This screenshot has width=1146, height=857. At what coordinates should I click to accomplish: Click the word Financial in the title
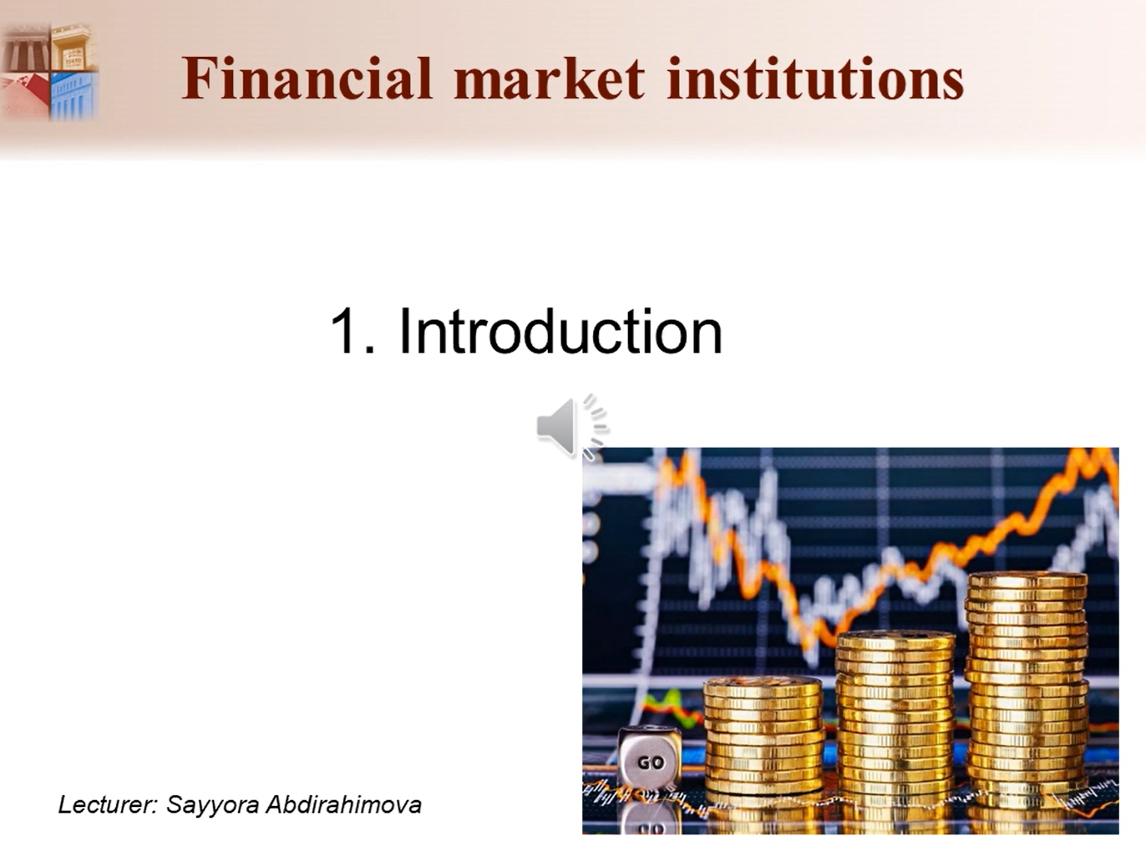307,78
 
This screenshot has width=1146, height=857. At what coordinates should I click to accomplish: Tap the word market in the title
550,78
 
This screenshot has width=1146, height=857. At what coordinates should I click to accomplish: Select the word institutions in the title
815,78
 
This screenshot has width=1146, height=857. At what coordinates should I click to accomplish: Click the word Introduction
560,331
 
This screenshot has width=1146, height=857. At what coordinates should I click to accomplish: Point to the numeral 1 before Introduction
345,331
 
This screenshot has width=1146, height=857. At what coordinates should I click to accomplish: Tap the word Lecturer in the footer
107,804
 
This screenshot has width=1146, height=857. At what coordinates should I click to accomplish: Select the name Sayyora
212,805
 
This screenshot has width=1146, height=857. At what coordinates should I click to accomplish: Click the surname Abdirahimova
343,804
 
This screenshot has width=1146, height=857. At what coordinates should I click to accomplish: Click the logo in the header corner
49,72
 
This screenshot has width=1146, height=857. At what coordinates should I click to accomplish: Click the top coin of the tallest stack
1027,580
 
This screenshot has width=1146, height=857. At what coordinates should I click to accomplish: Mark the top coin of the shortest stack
763,685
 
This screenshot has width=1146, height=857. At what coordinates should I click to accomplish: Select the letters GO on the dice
651,763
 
